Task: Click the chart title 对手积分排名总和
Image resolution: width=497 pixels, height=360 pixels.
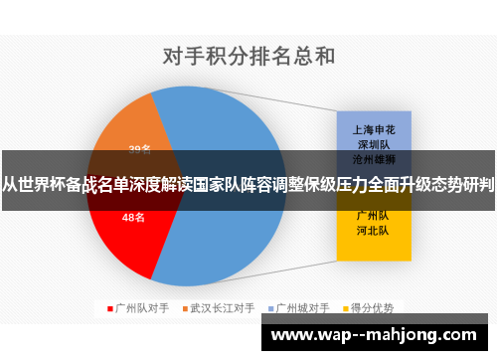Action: (x=248, y=56)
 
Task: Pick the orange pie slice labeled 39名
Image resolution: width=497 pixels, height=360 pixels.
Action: (x=129, y=139)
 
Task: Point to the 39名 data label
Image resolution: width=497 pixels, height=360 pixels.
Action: (x=139, y=149)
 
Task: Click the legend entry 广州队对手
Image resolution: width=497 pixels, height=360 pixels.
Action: (x=140, y=307)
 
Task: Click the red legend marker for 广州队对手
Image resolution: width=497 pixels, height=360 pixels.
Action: (x=110, y=307)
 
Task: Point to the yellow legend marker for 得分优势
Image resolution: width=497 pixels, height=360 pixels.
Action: (x=348, y=307)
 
